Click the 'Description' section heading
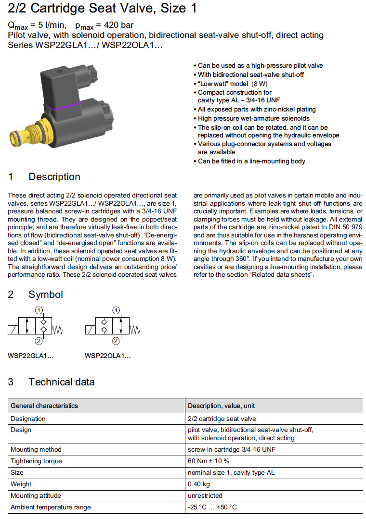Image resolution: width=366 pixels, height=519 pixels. (x=54, y=177)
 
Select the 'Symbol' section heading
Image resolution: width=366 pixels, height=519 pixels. (x=45, y=295)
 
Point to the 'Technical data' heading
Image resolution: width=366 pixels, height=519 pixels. (x=61, y=382)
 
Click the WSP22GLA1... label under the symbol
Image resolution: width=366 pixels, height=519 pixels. (x=31, y=356)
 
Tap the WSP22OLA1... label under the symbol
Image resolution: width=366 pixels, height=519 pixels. (x=107, y=356)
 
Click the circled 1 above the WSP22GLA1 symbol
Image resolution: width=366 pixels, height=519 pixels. (x=39, y=309)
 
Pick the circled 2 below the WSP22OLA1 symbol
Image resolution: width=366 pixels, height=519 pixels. (x=116, y=341)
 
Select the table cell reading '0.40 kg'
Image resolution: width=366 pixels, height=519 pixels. (x=199, y=484)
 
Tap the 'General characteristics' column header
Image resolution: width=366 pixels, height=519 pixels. (x=44, y=406)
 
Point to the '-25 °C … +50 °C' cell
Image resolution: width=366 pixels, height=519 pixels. (x=212, y=507)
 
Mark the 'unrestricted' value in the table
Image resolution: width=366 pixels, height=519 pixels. (x=205, y=495)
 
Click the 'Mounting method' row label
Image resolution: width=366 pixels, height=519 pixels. (x=36, y=449)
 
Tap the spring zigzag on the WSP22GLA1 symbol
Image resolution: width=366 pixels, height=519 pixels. (x=58, y=330)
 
